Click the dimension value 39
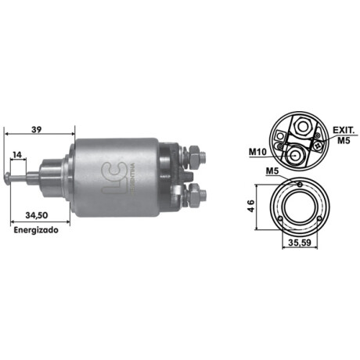(37, 129)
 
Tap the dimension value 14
(17, 155)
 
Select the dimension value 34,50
(37, 215)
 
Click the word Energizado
(36, 230)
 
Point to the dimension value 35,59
(300, 243)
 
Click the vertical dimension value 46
(250, 206)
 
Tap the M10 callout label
(257, 152)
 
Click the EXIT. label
(344, 130)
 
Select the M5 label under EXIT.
(344, 140)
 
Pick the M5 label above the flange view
(272, 171)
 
